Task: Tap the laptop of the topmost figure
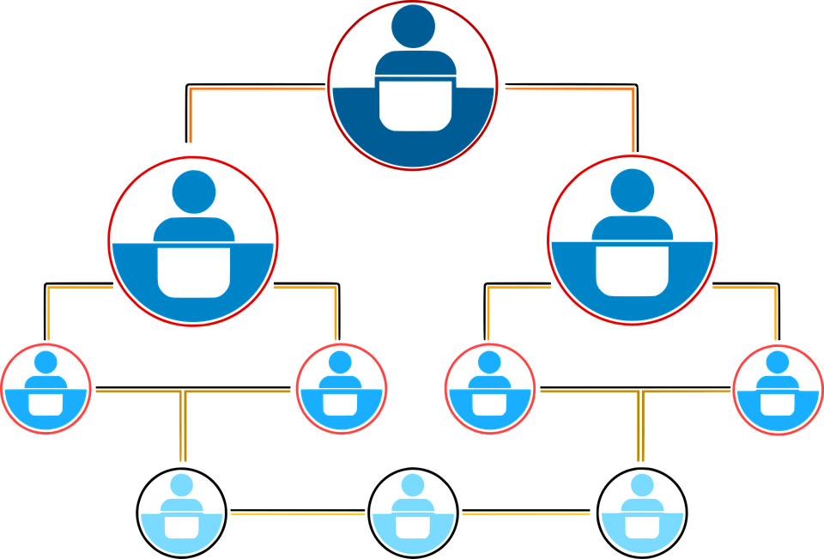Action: (415, 103)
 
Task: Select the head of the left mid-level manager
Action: (193, 191)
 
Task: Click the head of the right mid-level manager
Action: (633, 191)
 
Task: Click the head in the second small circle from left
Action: (340, 362)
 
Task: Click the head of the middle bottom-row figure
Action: (413, 485)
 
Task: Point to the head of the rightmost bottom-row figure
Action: (641, 485)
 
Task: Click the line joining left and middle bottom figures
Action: (297, 514)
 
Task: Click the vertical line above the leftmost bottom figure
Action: (182, 429)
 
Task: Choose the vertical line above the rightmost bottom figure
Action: (641, 429)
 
